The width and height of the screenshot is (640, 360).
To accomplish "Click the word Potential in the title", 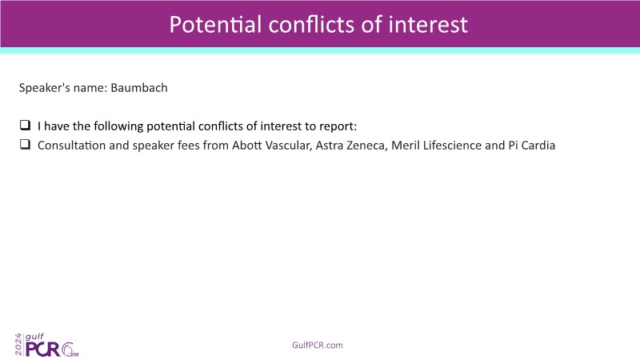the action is point(215,25).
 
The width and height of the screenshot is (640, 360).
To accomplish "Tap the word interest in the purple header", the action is point(428,25).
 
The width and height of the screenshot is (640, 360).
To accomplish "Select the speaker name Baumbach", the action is point(139,88).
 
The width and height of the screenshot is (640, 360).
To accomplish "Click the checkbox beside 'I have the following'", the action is point(25,125).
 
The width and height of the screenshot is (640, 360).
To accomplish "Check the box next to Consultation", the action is point(25,144).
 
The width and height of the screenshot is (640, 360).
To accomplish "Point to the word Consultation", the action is point(71,146).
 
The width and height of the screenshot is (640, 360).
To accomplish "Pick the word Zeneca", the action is point(366,146).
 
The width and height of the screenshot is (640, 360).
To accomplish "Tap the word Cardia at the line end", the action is point(538,146).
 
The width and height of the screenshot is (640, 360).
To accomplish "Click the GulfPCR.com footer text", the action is point(318,346).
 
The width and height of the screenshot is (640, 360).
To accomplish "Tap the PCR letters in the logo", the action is point(42,350).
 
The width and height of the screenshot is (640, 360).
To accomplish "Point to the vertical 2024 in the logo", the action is point(18,345).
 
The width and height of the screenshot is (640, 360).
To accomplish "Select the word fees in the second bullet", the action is point(189,146).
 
